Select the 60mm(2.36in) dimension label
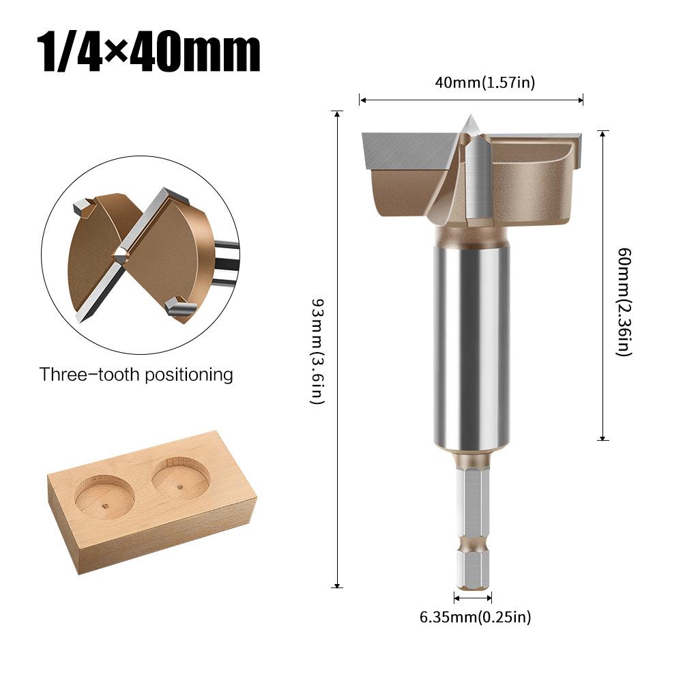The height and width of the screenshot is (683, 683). [624, 301]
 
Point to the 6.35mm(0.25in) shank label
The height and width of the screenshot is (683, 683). [475, 617]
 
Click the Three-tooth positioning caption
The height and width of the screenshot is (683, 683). [136, 375]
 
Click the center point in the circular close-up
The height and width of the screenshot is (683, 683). [120, 255]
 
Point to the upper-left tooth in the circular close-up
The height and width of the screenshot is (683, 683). [83, 205]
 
